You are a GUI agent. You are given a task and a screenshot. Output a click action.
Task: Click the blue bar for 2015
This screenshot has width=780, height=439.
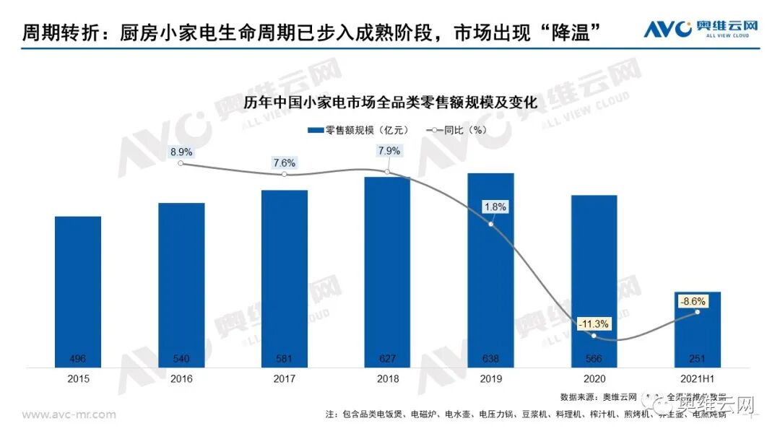pos(77,292)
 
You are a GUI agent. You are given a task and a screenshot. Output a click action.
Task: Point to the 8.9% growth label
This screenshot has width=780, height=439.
pos(181,152)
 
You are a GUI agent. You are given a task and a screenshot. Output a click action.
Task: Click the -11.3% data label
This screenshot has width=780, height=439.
pos(593,323)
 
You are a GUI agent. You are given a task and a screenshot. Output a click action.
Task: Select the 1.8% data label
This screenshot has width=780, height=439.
pos(495,207)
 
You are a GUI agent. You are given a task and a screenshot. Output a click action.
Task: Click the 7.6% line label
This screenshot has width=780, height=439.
pos(285,162)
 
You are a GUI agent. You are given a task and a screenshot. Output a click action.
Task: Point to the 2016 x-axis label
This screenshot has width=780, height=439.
pos(181,378)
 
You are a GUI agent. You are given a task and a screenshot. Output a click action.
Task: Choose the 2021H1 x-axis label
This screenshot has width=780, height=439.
pos(697,378)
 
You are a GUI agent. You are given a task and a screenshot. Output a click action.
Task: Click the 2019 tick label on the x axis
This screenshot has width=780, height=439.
pos(490,378)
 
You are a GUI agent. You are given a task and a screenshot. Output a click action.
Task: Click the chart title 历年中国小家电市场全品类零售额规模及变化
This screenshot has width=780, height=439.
pos(391,103)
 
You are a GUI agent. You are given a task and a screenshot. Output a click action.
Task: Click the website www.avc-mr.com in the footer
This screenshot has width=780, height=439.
pos(69,414)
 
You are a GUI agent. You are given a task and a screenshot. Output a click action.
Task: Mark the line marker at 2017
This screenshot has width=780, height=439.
pos(285,175)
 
